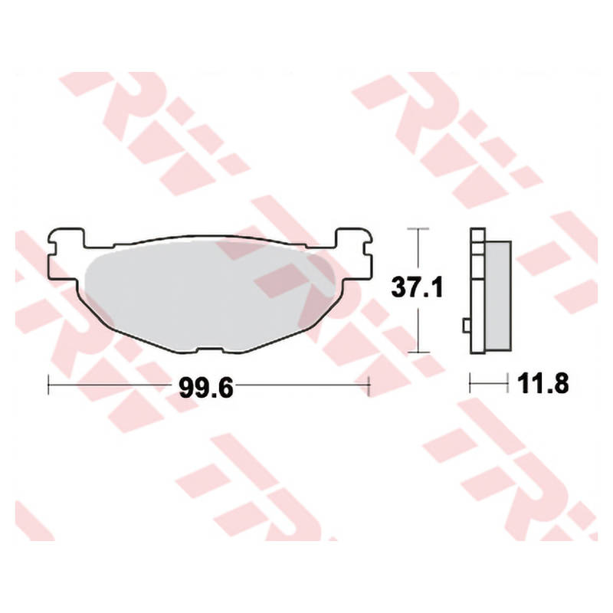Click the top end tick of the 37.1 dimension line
coord(417,229)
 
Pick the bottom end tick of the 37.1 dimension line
coord(417,352)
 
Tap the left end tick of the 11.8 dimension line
coord(470,380)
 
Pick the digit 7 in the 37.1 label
coord(418,288)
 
